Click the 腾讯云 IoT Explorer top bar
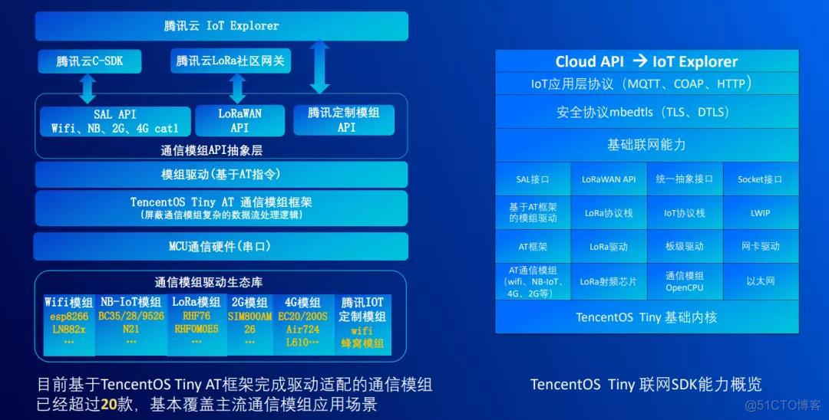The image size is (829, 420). tap(221, 25)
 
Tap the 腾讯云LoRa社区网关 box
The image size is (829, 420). tap(230, 61)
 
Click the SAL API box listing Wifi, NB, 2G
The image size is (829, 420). tap(114, 120)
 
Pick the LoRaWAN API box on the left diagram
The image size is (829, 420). tap(239, 120)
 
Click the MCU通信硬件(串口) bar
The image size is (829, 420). tap(220, 246)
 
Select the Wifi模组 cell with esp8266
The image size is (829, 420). tap(69, 323)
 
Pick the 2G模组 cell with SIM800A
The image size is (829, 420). tap(250, 323)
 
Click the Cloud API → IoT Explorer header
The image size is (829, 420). tap(646, 62)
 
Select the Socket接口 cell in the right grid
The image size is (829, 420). tap(760, 179)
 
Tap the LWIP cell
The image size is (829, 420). tap(760, 213)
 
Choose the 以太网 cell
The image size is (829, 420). tap(760, 281)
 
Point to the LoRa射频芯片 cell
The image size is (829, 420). tap(609, 281)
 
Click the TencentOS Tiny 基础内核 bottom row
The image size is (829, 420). tap(646, 317)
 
